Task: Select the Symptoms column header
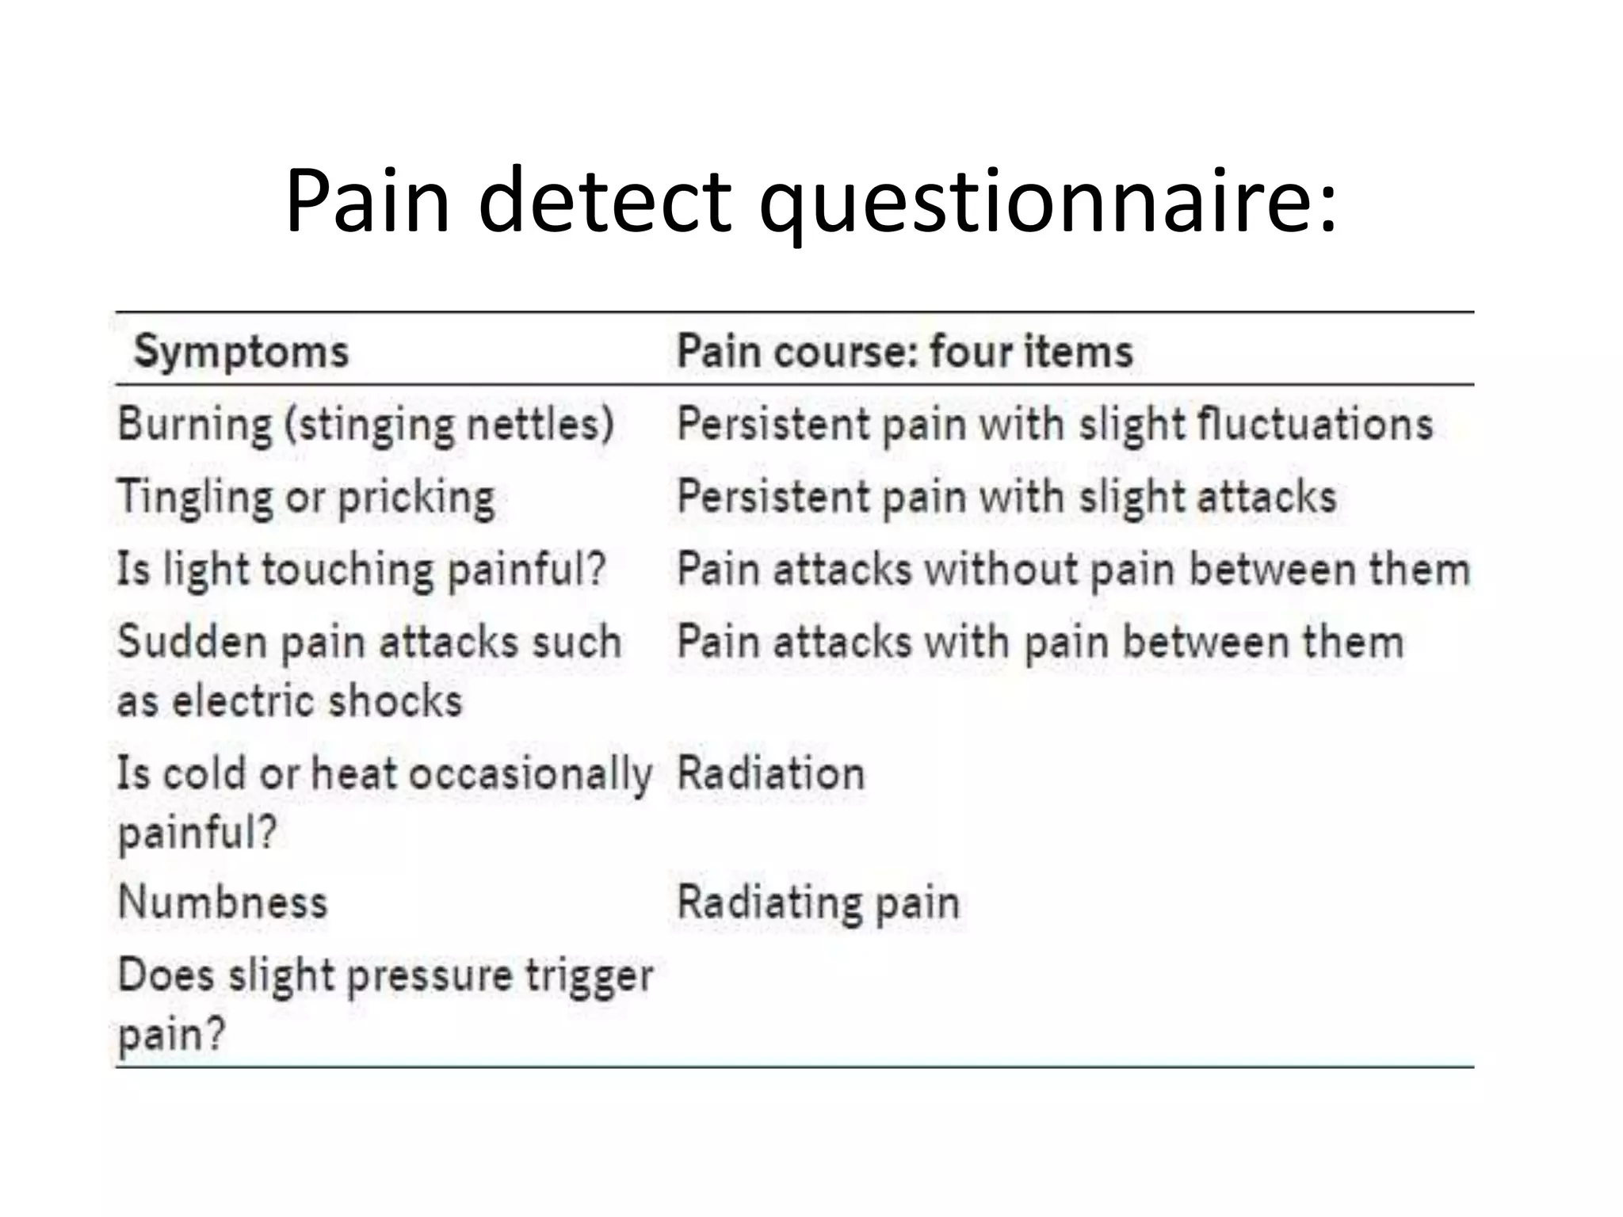[x=241, y=351]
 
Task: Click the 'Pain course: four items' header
[x=904, y=351]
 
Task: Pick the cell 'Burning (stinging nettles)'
[x=365, y=425]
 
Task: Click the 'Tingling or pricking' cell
[x=306, y=498]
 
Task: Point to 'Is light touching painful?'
[x=361, y=570]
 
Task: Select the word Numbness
[x=223, y=902]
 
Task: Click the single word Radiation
[x=770, y=773]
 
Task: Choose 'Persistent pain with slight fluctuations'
[x=1055, y=424]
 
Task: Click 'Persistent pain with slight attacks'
[x=1006, y=497]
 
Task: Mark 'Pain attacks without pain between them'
[x=1074, y=570]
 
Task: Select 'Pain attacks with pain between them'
[x=1040, y=642]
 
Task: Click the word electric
[x=243, y=701]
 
